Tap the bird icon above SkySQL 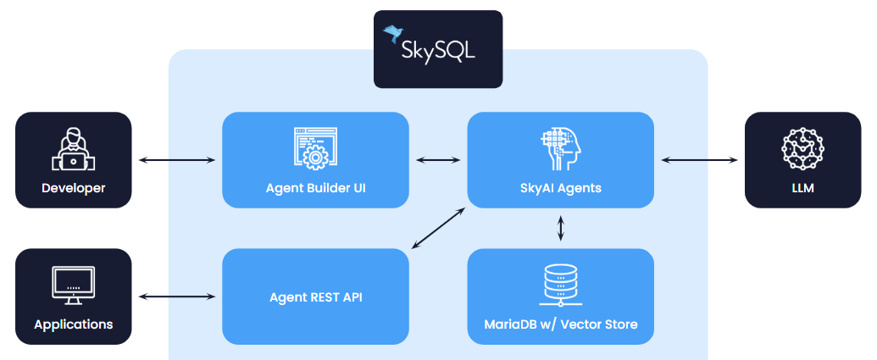click(393, 33)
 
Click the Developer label click(74, 188)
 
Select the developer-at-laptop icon click(74, 149)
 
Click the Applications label click(74, 324)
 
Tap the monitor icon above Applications click(74, 285)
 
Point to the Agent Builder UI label click(315, 188)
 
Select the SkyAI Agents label click(561, 188)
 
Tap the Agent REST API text click(315, 297)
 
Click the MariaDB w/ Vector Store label click(561, 324)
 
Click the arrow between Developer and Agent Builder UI click(176, 159)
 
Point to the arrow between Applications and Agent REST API click(176, 296)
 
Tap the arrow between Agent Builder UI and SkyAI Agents click(438, 159)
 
